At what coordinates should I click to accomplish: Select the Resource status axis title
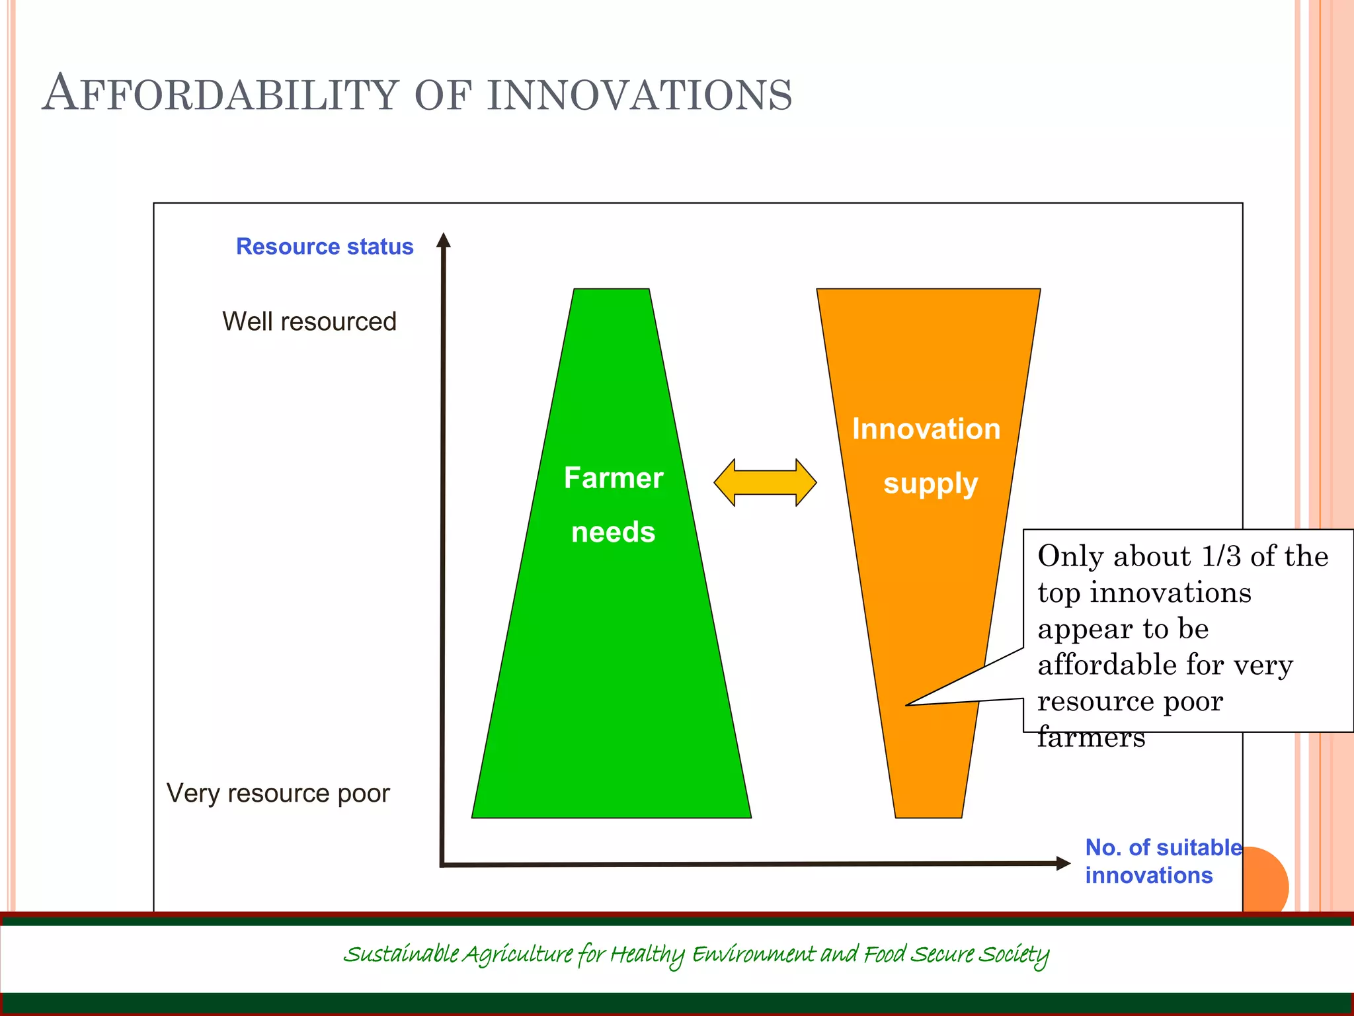[325, 247]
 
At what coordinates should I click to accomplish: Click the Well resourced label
[309, 321]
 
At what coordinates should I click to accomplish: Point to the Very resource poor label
[278, 792]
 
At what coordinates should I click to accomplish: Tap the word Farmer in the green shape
[613, 478]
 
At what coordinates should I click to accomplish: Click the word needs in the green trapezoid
[613, 532]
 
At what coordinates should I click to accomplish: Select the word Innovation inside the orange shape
[926, 429]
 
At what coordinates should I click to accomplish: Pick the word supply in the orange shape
[930, 484]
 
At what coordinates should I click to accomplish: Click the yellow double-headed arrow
[765, 482]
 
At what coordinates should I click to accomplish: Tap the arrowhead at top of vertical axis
[444, 240]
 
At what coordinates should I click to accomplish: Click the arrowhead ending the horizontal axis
[1062, 863]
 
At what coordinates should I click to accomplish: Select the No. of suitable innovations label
[1162, 861]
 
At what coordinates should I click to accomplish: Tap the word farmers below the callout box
[1091, 737]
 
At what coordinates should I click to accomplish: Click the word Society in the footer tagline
[1014, 954]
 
